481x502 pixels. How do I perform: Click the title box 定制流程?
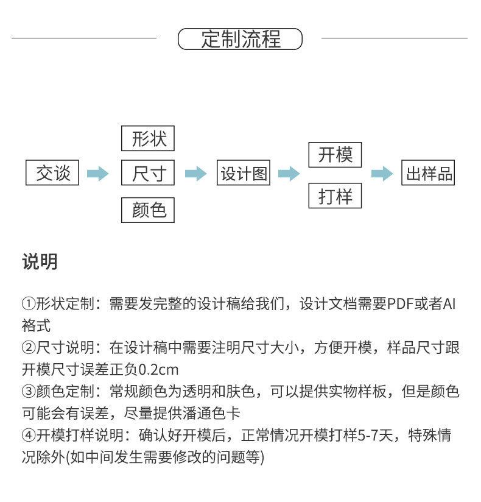point(240,39)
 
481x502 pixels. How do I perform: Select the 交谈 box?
point(52,174)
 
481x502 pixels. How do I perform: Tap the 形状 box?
point(148,139)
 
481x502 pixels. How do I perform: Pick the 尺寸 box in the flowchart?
point(148,174)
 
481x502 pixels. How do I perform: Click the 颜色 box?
point(148,210)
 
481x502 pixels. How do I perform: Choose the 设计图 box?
point(244,174)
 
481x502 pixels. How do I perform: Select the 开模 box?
point(335,155)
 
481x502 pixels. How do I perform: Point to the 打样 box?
point(335,197)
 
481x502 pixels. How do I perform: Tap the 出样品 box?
point(429,174)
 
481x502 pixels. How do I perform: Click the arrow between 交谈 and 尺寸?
point(97,174)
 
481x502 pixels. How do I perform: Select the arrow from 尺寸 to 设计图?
point(195,174)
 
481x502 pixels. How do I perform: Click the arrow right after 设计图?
point(289,174)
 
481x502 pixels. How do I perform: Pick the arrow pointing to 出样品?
point(382,174)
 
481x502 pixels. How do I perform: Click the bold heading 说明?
point(40,262)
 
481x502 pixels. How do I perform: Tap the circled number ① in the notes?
point(29,303)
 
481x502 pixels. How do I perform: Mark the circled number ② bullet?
point(29,348)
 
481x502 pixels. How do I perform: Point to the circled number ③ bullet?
point(29,392)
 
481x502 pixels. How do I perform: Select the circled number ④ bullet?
point(29,436)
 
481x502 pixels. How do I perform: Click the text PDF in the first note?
point(402,303)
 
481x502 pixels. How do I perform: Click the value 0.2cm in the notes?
point(159,370)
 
